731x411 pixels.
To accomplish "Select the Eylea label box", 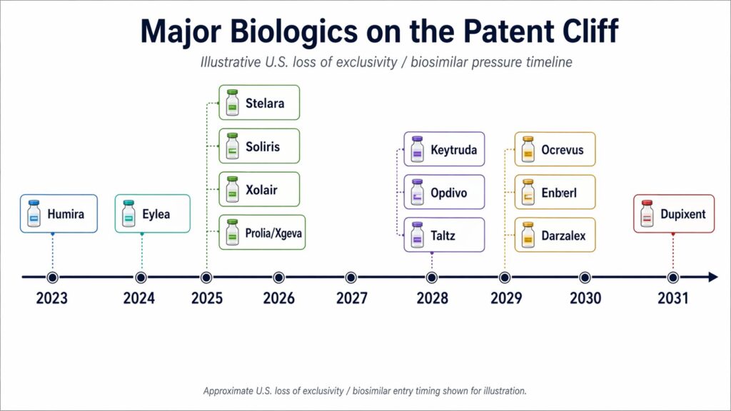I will (x=153, y=213).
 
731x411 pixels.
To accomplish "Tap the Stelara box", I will (x=258, y=103).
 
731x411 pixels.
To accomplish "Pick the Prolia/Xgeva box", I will (x=261, y=233).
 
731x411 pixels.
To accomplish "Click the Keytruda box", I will (x=444, y=151).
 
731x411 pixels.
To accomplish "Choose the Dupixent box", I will (x=674, y=213).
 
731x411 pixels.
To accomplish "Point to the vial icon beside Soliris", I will (x=231, y=146).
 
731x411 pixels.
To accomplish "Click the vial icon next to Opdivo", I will (x=417, y=193).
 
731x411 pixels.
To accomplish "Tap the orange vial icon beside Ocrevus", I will (x=528, y=150).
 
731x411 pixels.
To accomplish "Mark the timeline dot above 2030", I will (x=585, y=278).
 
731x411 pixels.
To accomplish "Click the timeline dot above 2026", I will (x=278, y=278).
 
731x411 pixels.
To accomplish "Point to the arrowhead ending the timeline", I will (x=712, y=278).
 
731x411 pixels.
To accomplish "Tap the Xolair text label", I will (x=261, y=190).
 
